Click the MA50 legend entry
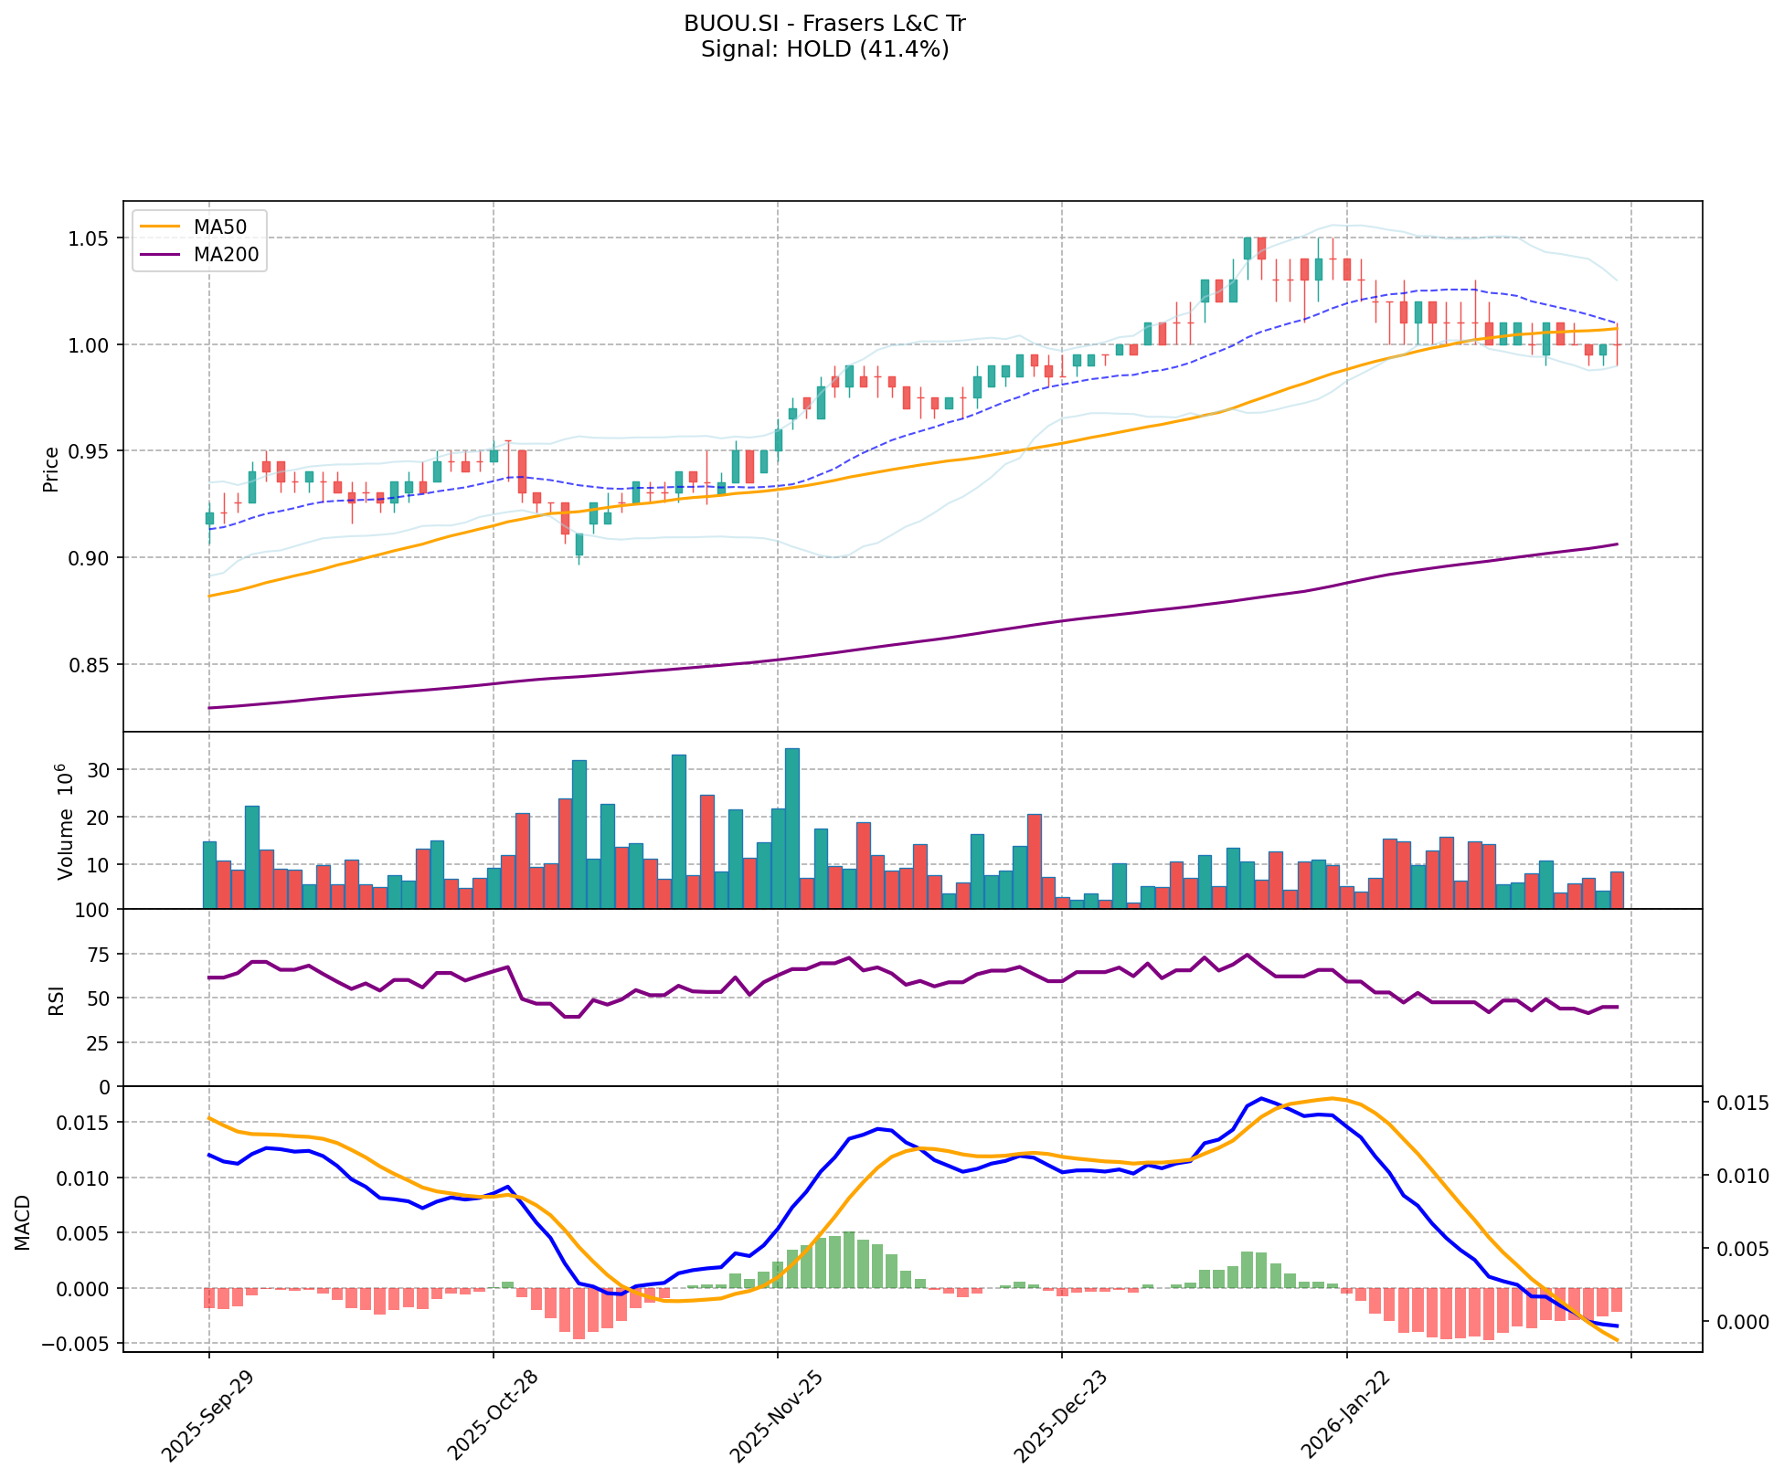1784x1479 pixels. tap(218, 225)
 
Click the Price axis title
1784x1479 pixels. tap(51, 468)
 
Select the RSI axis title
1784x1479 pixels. tap(57, 999)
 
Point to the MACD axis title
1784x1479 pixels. tap(23, 1221)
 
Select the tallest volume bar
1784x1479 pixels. tap(792, 828)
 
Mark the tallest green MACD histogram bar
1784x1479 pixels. tap(849, 1260)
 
